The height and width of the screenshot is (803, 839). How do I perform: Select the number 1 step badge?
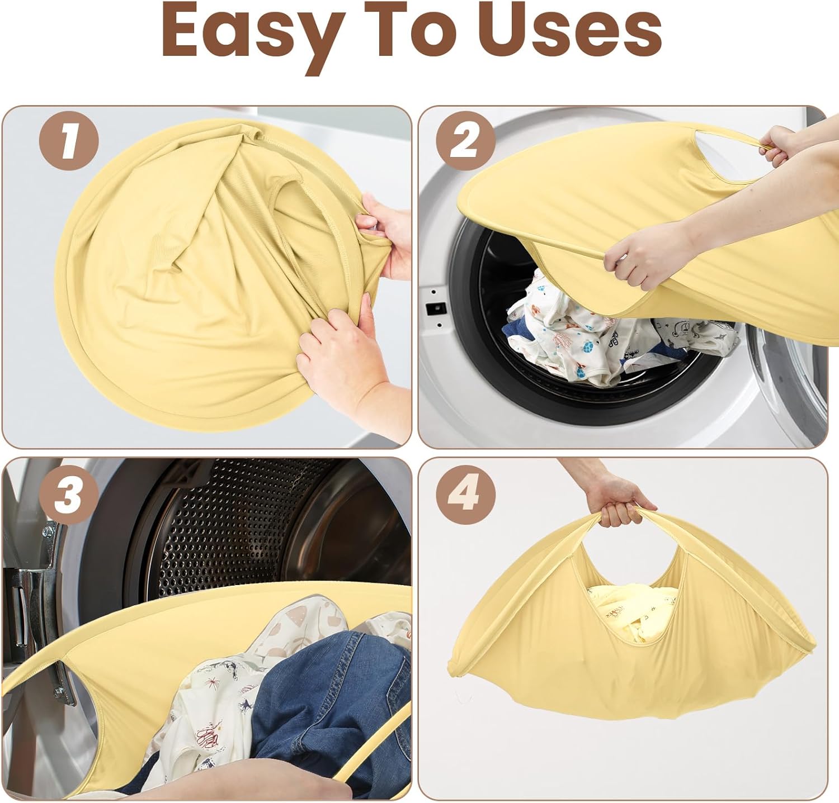[x=69, y=142]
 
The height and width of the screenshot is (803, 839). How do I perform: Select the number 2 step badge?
[x=465, y=142]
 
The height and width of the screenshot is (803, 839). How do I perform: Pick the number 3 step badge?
[x=69, y=495]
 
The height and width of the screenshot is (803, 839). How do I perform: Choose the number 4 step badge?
[x=465, y=495]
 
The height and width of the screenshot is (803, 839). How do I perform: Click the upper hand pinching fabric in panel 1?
[x=386, y=235]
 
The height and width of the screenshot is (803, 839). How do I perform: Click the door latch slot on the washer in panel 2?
[x=437, y=308]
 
